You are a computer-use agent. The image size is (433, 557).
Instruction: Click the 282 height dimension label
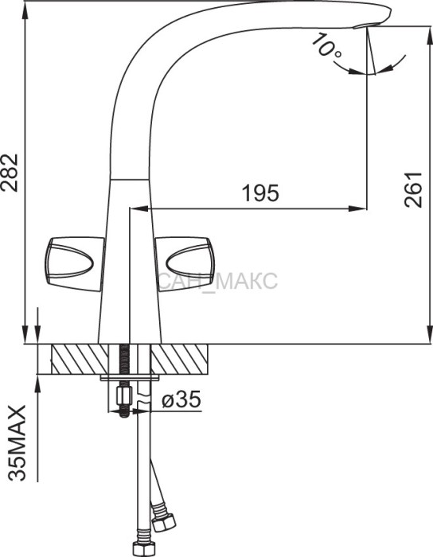(10, 173)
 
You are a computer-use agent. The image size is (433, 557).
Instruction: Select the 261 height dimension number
(413, 189)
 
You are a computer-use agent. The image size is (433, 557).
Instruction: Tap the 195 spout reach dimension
(260, 193)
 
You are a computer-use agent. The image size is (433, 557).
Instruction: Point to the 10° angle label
(326, 45)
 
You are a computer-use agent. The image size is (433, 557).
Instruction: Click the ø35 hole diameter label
(181, 399)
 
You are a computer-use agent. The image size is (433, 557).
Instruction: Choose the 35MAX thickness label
(17, 442)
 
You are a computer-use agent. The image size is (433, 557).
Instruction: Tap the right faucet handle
(185, 264)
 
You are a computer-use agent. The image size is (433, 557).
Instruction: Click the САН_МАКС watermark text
(217, 282)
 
